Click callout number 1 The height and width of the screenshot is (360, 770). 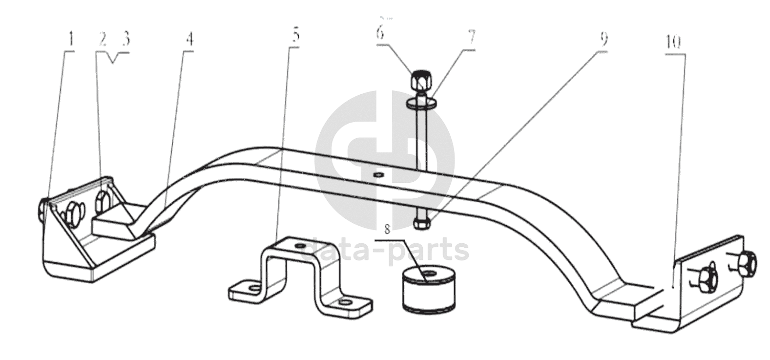[71, 39]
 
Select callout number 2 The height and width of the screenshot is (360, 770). [102, 40]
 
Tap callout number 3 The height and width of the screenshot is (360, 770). [126, 40]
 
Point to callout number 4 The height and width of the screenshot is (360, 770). [189, 40]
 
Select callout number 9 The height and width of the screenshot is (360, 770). [604, 39]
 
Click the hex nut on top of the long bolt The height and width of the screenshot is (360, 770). [420, 80]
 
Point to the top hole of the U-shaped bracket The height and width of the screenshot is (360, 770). [300, 245]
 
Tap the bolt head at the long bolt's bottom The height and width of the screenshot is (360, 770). [421, 224]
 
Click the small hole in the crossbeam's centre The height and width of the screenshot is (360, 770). [378, 174]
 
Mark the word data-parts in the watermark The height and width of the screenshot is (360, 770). [386, 250]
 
